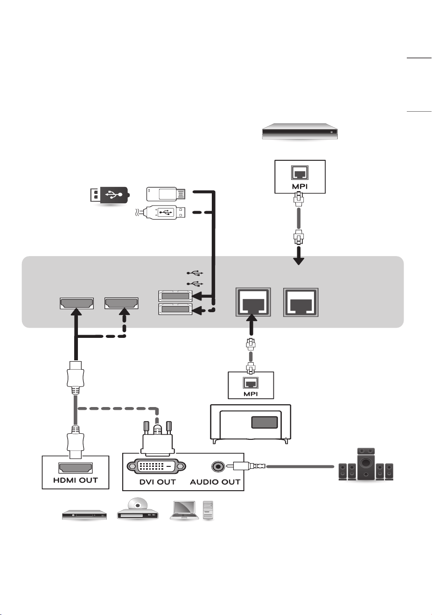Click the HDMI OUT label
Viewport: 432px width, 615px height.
click(x=76, y=480)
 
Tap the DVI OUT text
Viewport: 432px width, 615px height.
click(x=157, y=482)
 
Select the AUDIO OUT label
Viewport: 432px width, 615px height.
click(x=215, y=482)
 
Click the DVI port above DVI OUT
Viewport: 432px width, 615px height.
click(x=156, y=466)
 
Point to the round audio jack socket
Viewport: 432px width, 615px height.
click(x=218, y=466)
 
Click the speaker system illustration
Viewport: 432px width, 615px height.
click(x=366, y=464)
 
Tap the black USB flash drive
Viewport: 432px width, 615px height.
click(x=110, y=195)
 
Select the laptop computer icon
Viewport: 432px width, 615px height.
click(x=184, y=510)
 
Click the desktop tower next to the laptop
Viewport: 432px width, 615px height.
click(x=208, y=510)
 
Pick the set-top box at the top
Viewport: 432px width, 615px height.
click(x=300, y=131)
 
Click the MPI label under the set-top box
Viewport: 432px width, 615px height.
click(x=300, y=186)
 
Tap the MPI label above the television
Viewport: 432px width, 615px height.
click(x=251, y=393)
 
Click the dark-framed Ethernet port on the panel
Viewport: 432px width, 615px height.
click(x=253, y=302)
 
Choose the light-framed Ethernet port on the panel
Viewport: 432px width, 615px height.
click(x=301, y=302)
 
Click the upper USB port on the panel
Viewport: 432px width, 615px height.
click(x=175, y=296)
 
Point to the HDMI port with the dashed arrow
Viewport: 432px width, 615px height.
click(x=121, y=303)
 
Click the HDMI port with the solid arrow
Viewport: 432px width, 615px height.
click(x=77, y=303)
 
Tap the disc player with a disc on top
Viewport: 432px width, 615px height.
click(x=138, y=509)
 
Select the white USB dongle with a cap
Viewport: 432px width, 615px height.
click(x=166, y=194)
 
